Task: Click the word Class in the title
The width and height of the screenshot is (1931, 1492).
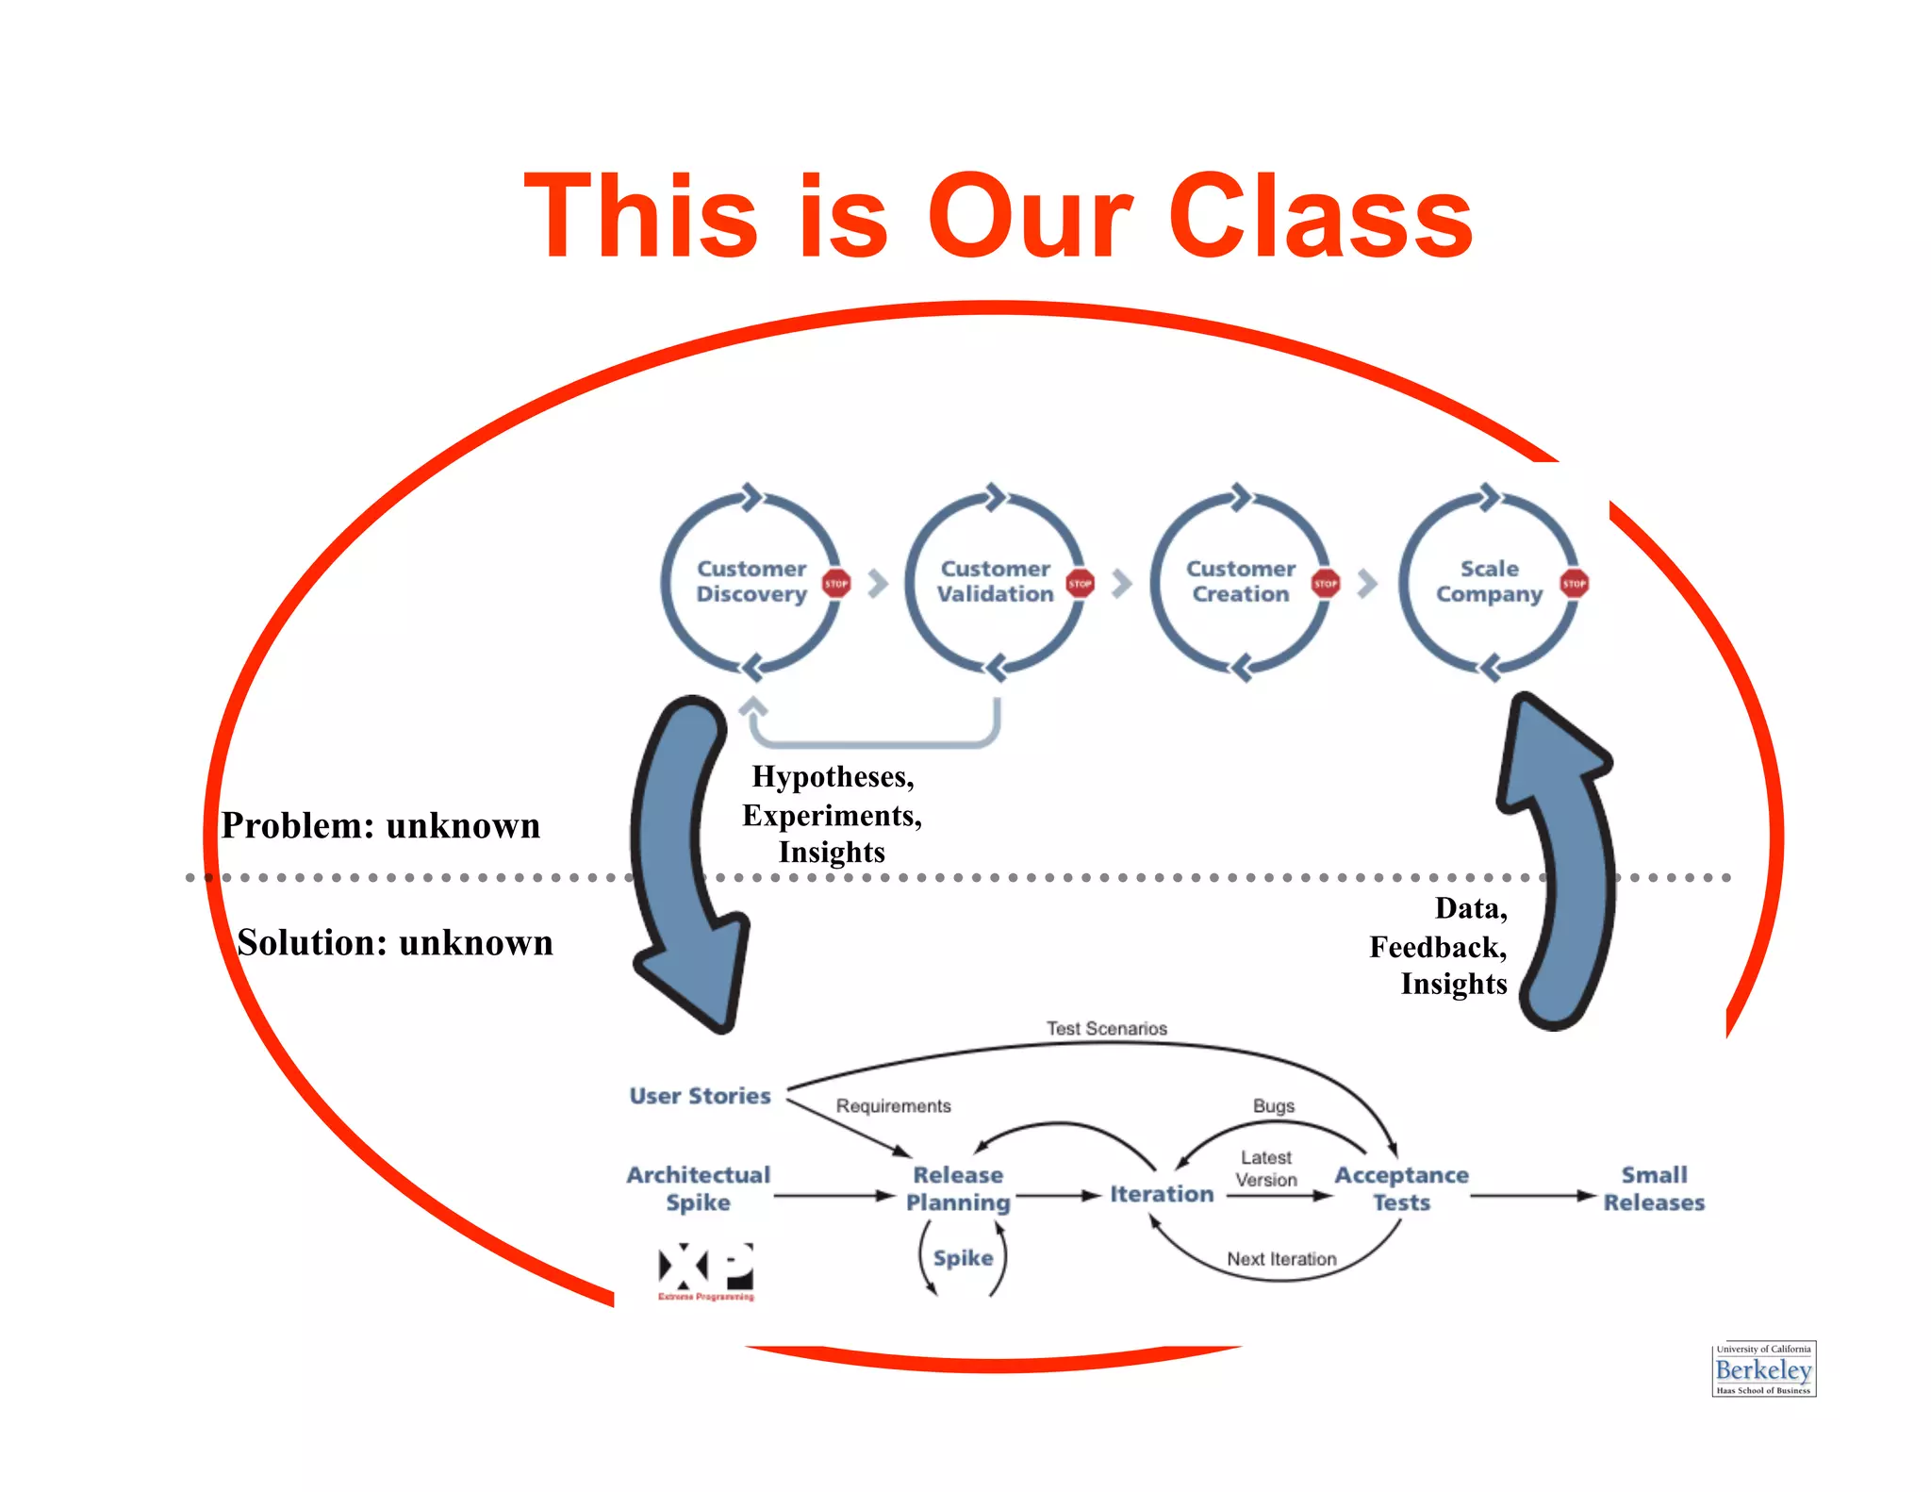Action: tap(1320, 217)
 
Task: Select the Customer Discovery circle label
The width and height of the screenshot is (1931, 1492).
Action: tap(751, 582)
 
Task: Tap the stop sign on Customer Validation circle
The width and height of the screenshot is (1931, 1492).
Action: tap(1080, 584)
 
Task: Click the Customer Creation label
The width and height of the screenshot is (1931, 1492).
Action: tap(1240, 582)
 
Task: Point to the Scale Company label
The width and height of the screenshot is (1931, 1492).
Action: tap(1489, 582)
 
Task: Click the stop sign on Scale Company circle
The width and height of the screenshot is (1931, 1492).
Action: tap(1574, 584)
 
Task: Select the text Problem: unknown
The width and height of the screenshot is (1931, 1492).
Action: tap(381, 826)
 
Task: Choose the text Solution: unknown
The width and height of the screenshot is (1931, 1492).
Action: tap(395, 943)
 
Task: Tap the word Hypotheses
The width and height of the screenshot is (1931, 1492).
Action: tap(832, 777)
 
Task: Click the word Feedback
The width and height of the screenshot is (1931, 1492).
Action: tap(1437, 947)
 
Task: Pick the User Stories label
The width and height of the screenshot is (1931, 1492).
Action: tap(700, 1096)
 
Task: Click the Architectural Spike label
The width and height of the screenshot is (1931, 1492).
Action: tap(699, 1188)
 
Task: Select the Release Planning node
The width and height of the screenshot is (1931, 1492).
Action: tap(958, 1188)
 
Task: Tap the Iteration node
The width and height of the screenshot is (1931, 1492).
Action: tap(1162, 1194)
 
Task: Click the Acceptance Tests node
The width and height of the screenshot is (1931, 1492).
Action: tap(1401, 1188)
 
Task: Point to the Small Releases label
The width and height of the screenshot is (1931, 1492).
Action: tap(1654, 1188)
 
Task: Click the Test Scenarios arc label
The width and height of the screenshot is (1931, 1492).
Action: tap(1106, 1029)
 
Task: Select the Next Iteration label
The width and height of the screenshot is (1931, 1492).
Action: tap(1281, 1259)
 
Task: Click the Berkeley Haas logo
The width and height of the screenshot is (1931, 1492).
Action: tap(1763, 1369)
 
